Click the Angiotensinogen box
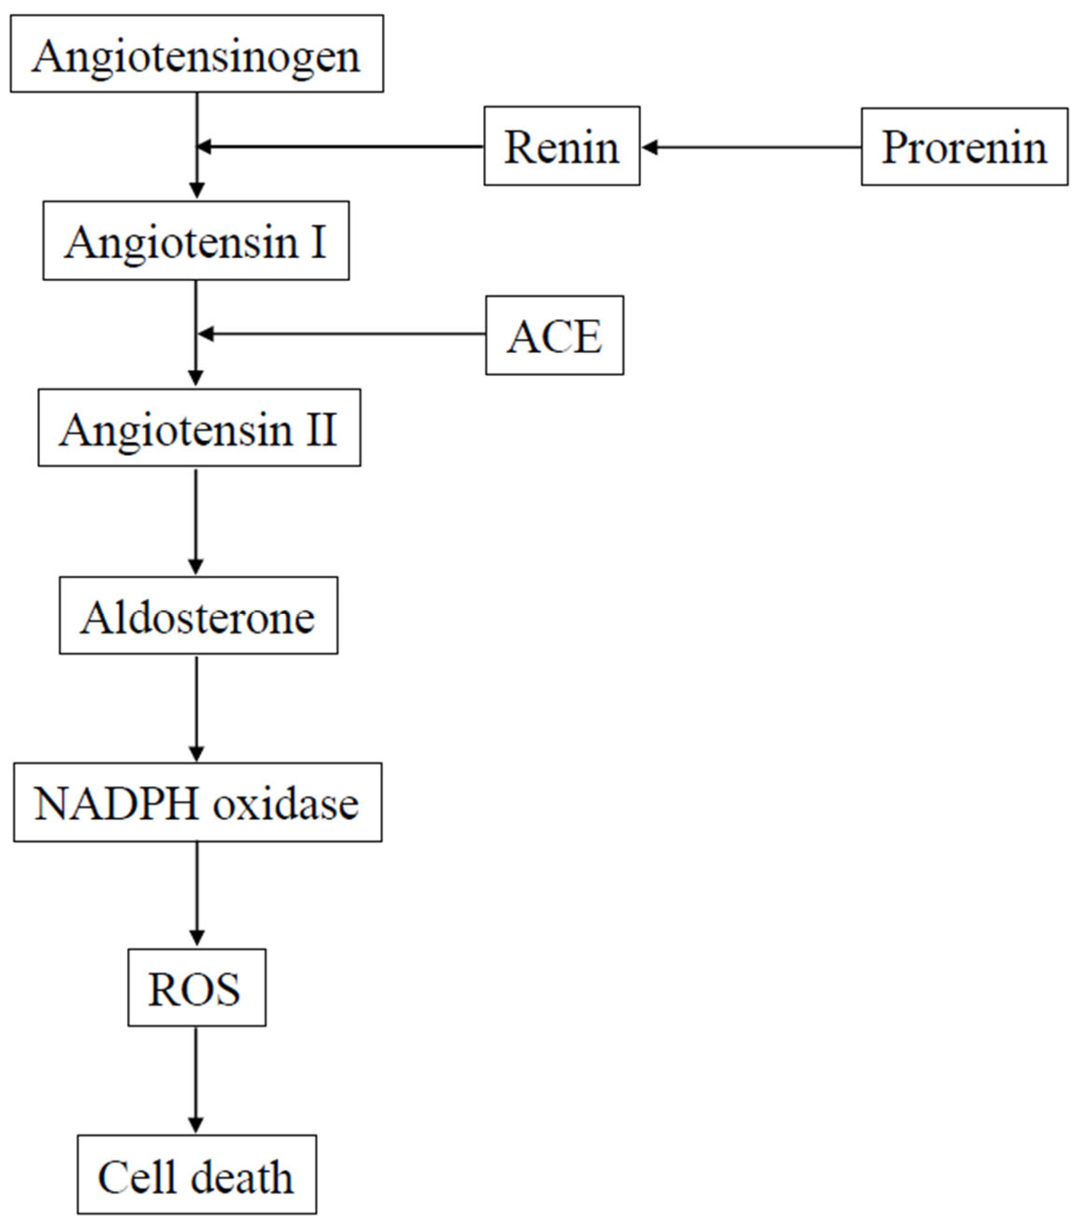click(x=196, y=54)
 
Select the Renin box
click(x=562, y=147)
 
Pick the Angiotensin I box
click(x=196, y=241)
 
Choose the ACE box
click(x=554, y=335)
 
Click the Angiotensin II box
click(x=199, y=428)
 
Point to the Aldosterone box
click(x=198, y=615)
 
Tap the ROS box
click(x=196, y=988)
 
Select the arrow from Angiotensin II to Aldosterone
click(x=196, y=522)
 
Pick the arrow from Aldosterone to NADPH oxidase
click(x=196, y=709)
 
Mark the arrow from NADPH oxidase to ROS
click(x=196, y=894)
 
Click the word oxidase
click(x=286, y=804)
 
